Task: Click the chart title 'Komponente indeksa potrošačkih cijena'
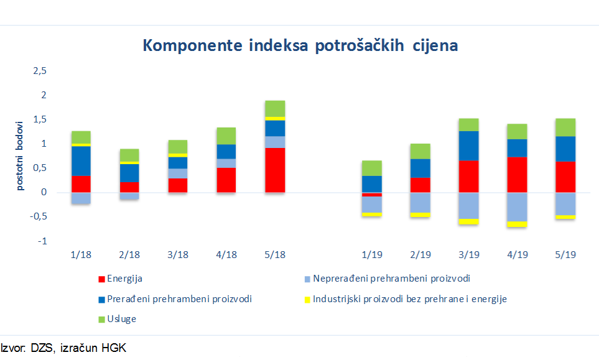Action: [300, 46]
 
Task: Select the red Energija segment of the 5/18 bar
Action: [274, 170]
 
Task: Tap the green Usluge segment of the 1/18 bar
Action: [81, 137]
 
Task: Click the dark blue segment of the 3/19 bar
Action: [468, 145]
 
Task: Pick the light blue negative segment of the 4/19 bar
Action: [516, 206]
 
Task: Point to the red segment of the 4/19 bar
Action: [516, 174]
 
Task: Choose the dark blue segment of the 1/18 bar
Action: [81, 161]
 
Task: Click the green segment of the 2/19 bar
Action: [420, 151]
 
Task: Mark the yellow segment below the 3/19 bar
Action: [468, 221]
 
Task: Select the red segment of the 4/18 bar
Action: [226, 180]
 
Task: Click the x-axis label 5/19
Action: [565, 255]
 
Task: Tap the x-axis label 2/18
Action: [129, 255]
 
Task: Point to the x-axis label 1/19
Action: [371, 255]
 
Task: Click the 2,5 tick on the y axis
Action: [40, 71]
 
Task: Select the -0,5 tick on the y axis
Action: [39, 217]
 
